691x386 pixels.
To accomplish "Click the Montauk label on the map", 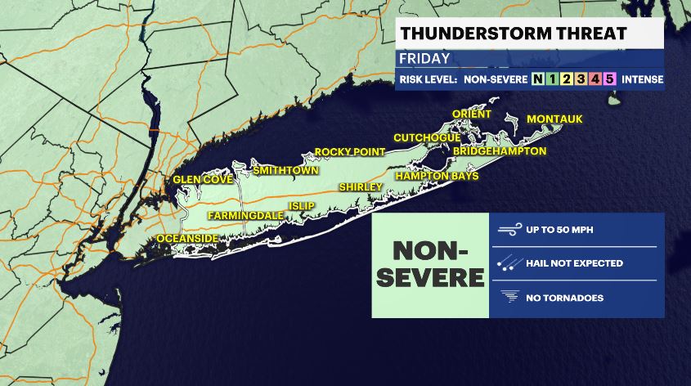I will [x=554, y=119].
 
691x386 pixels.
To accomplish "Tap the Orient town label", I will [x=472, y=114].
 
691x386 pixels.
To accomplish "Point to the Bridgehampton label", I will [x=499, y=151].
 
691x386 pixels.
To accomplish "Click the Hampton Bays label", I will [x=437, y=176].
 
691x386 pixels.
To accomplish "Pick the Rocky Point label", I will [x=344, y=152].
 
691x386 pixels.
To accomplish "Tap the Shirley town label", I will [x=361, y=187].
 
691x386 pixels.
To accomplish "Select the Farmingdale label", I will [x=245, y=215].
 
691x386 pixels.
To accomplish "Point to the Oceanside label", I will [x=187, y=238].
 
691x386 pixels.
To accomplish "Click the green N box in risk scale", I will [x=537, y=79].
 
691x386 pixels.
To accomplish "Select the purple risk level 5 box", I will [x=609, y=79].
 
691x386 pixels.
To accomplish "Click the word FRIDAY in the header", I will [x=424, y=59].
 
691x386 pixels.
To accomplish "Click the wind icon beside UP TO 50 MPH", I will [x=509, y=230].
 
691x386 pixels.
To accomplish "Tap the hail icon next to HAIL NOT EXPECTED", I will [x=509, y=263].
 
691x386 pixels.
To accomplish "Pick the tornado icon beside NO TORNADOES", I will [x=509, y=298].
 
